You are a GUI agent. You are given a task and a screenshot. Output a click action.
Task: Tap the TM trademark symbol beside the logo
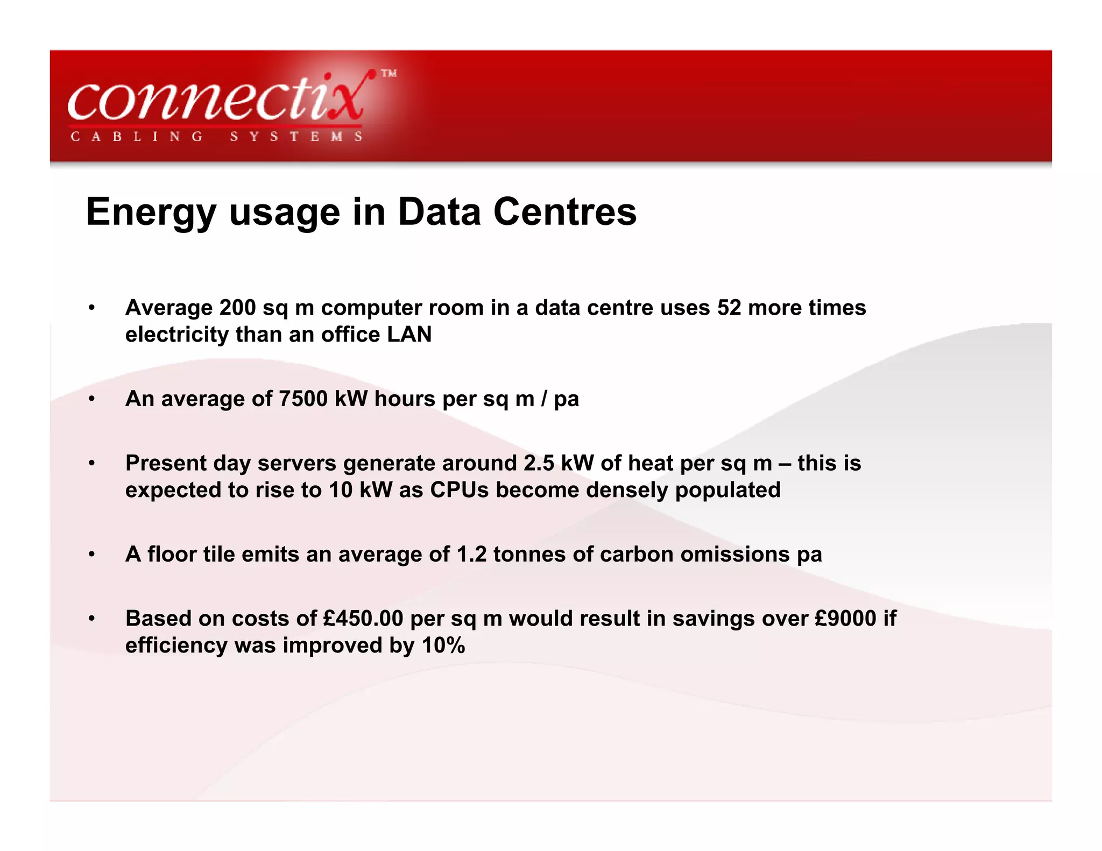pos(389,73)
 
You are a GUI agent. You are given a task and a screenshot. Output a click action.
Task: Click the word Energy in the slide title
pos(151,212)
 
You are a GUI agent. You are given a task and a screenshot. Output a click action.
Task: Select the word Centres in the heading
pos(565,211)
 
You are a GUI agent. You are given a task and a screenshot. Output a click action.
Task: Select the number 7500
pos(303,399)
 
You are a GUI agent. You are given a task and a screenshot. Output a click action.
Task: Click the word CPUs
pos(459,490)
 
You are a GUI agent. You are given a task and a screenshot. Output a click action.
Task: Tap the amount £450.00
pos(363,619)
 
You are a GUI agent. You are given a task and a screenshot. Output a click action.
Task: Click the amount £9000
pos(846,619)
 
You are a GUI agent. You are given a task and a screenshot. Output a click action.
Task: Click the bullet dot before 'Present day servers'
pos(92,463)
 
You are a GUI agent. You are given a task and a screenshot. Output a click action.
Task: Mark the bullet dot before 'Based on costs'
pos(92,619)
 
